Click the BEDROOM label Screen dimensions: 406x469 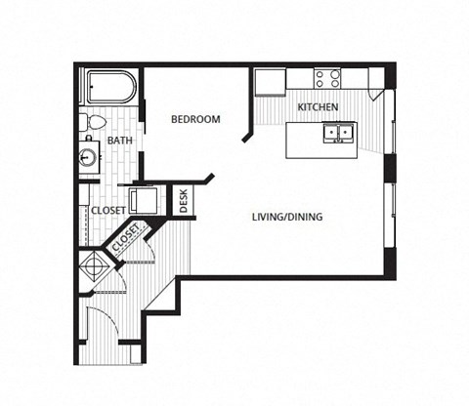tap(195, 120)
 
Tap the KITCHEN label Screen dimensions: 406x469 tap(318, 105)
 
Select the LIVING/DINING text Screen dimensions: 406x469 tap(287, 218)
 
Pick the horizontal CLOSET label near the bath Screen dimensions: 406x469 tap(107, 210)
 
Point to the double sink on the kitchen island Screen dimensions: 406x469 tap(340, 131)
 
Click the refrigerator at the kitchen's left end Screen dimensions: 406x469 tap(268, 83)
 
